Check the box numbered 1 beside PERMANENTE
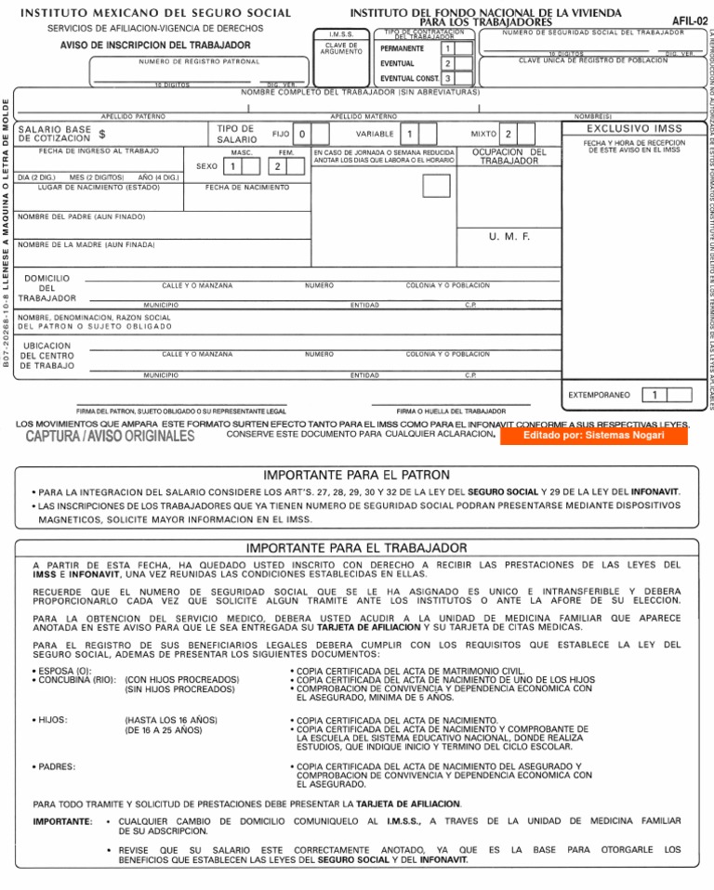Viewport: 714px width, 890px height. click(x=447, y=48)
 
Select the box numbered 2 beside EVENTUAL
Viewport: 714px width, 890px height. click(x=447, y=63)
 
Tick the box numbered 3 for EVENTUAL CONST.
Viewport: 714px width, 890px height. click(x=447, y=79)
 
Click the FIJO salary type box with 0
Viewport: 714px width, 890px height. click(x=302, y=134)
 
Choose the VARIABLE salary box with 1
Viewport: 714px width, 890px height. click(x=410, y=134)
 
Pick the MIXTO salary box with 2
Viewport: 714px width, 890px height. click(x=509, y=134)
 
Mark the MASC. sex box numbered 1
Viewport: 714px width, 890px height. click(x=234, y=166)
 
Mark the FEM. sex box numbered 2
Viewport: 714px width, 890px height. click(x=277, y=166)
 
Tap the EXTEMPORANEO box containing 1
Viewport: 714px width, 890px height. click(x=655, y=395)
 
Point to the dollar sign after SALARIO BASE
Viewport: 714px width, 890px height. click(x=101, y=135)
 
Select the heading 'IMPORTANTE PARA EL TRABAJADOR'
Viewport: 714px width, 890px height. click(x=356, y=548)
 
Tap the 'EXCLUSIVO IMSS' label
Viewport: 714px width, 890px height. click(x=633, y=128)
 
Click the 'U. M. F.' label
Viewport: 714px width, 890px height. click(x=509, y=237)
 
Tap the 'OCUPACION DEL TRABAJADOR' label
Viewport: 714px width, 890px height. click(x=509, y=156)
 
